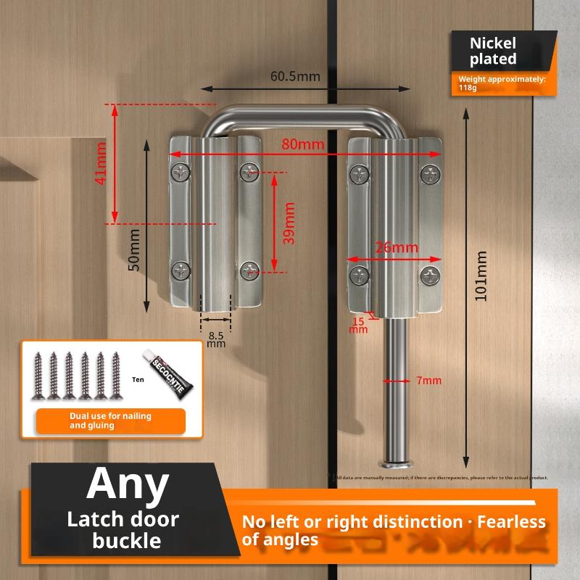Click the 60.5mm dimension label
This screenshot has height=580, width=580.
coord(295,76)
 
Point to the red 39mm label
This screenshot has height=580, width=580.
coord(289,223)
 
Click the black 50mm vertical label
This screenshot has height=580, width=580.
coord(133,251)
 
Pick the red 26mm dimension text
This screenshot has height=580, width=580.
coord(396,247)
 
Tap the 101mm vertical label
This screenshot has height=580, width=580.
coord(481,275)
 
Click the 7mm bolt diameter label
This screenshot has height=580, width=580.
coord(429,381)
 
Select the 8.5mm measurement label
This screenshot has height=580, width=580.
coord(216,339)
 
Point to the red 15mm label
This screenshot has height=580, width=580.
coord(359,325)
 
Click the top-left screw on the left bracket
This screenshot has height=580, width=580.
coord(180,172)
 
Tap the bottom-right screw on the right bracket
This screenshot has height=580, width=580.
coord(431,275)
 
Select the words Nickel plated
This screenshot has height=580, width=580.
coord(493,51)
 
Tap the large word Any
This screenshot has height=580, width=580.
coord(128,484)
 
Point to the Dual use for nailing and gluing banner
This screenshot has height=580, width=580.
coord(111,421)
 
